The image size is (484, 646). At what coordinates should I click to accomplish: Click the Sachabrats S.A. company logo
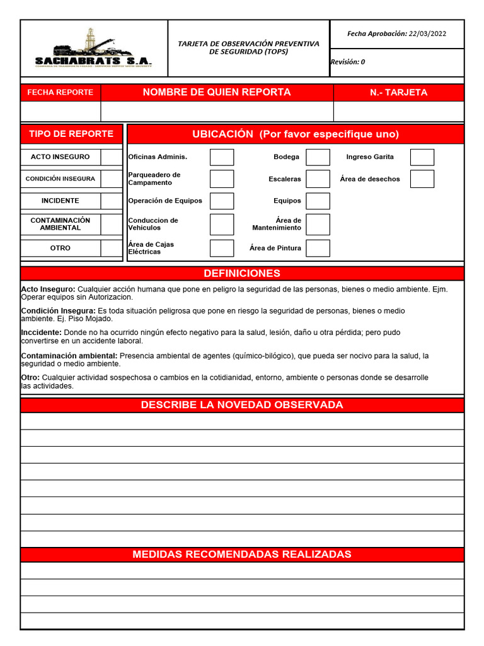tap(93, 49)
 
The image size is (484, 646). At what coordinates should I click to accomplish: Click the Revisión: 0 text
tap(348, 62)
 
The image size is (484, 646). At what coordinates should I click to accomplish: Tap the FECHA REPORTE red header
tap(60, 92)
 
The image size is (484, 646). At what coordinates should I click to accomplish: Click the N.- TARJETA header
tap(398, 92)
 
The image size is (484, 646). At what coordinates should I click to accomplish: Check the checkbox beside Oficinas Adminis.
tap(221, 157)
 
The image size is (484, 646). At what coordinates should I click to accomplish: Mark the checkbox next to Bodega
tap(318, 157)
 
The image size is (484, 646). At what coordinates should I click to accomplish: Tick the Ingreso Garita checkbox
tap(422, 157)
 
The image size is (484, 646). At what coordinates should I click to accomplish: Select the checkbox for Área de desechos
tap(422, 179)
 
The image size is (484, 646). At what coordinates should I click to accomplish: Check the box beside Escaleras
tap(318, 179)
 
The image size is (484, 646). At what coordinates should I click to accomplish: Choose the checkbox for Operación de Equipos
tap(221, 201)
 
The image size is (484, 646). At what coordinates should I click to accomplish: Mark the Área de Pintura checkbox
tap(318, 248)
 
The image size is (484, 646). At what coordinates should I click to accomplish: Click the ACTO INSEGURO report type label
tap(60, 156)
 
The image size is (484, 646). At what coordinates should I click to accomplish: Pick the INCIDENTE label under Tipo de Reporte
tap(60, 201)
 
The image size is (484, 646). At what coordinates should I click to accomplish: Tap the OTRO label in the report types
tap(60, 248)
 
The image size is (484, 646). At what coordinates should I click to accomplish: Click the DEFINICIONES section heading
tap(242, 273)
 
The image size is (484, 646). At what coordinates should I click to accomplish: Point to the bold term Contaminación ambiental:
tap(69, 356)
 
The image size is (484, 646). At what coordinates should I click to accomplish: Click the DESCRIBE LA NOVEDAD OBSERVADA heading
tap(242, 405)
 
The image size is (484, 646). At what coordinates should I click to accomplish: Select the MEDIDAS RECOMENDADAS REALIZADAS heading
tap(242, 555)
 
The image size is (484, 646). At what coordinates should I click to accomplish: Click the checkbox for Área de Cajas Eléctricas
tap(221, 248)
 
